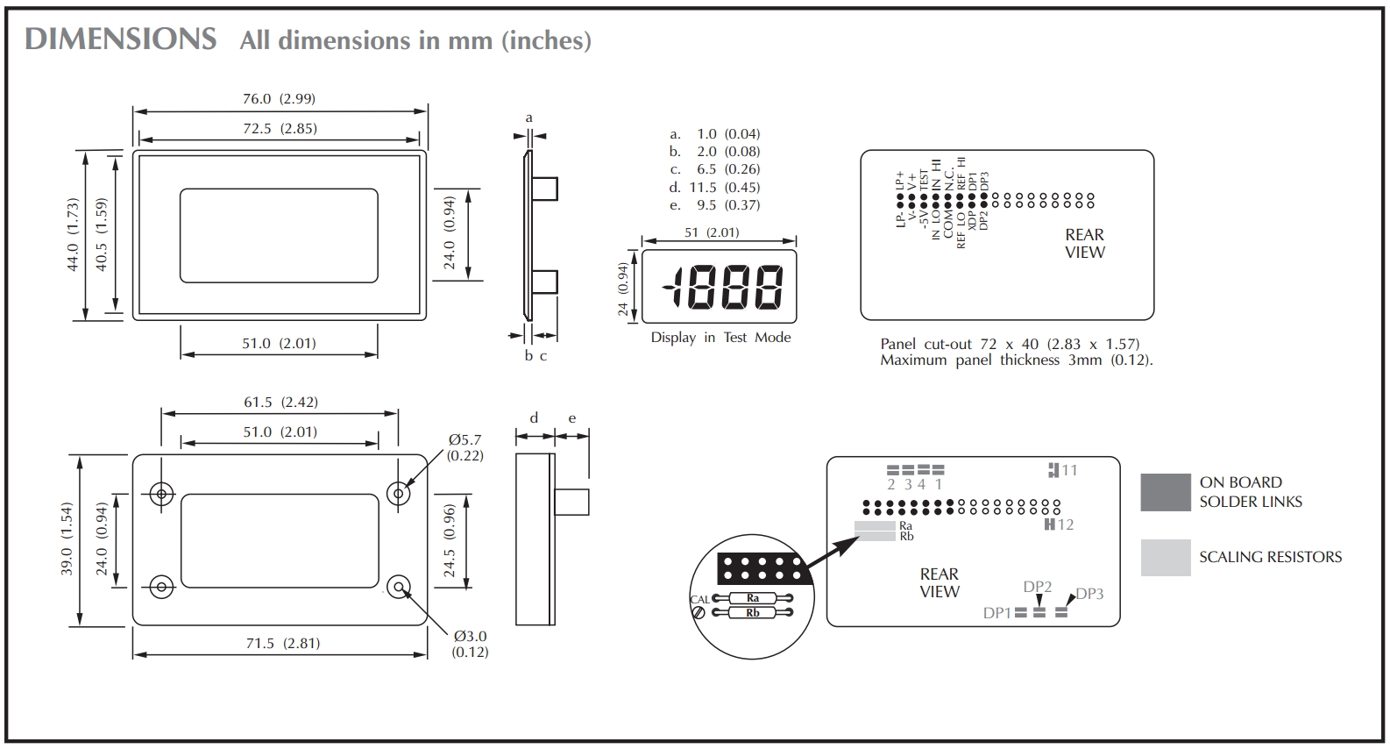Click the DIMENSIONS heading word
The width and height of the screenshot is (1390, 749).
[121, 39]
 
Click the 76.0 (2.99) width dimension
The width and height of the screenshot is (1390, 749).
[279, 99]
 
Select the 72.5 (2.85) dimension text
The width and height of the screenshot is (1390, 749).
[280, 128]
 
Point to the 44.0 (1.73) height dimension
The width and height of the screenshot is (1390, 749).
[73, 234]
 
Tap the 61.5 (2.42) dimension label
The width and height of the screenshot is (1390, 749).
[280, 402]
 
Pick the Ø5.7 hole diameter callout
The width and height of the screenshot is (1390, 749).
[465, 447]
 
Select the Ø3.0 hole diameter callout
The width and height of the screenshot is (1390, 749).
[470, 644]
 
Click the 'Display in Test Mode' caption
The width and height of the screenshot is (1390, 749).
[720, 338]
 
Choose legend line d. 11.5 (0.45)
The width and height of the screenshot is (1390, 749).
[714, 187]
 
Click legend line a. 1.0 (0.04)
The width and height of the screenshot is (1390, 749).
[714, 134]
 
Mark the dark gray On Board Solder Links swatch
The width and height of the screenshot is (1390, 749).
[1166, 492]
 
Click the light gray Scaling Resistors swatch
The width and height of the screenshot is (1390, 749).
[1166, 557]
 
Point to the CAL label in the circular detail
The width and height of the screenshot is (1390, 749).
[699, 600]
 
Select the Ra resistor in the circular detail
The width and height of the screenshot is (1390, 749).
[752, 598]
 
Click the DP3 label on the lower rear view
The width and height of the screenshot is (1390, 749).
[1089, 594]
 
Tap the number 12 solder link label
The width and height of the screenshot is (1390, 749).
[1065, 524]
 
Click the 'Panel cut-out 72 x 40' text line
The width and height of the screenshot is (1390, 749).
[1010, 344]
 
